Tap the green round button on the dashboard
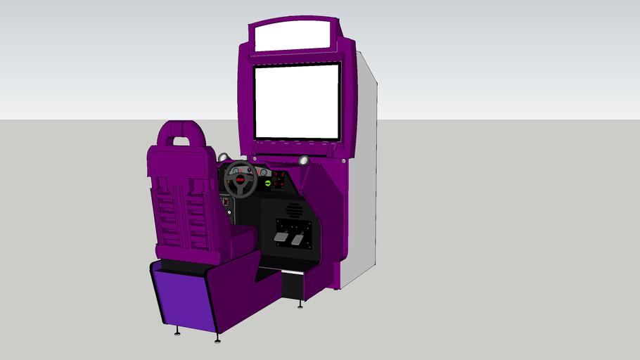[267, 184]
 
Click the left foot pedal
[280, 240]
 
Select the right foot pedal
[297, 240]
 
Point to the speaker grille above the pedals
[294, 209]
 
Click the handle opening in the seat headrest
[181, 140]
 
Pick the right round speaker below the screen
[304, 161]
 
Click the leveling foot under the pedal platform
[301, 304]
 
